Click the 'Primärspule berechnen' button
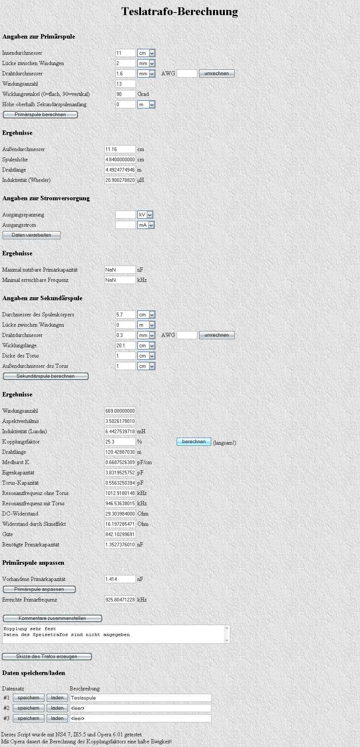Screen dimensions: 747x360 (40, 115)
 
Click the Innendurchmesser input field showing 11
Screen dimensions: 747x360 (125, 53)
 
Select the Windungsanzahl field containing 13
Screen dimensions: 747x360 (125, 84)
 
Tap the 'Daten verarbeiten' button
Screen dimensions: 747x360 (32, 235)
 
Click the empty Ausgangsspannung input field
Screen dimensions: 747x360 (125, 215)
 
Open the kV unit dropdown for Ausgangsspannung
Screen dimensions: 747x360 (145, 215)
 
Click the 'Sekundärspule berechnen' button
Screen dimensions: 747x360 (46, 376)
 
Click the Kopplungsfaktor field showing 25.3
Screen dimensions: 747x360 (120, 442)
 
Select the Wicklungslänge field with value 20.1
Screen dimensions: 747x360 (125, 345)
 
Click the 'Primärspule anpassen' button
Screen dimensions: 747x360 (39, 589)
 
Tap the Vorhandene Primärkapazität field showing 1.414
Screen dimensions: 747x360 (120, 579)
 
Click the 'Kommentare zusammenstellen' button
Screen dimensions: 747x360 (52, 618)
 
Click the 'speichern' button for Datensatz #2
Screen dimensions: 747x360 (28, 708)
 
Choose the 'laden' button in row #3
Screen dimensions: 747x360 (57, 718)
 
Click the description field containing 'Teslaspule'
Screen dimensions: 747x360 (140, 698)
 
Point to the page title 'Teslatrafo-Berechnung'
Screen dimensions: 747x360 (180, 11)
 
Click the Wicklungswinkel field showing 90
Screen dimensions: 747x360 (125, 94)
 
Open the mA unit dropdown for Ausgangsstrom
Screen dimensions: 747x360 (146, 225)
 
